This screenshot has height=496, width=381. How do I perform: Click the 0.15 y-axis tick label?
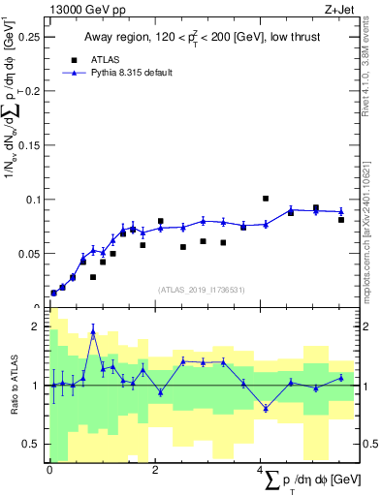(31, 145)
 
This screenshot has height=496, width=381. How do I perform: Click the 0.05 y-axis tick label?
(31, 254)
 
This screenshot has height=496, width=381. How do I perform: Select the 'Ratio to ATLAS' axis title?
(12, 385)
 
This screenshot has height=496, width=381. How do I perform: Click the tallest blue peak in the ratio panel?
(93, 331)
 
